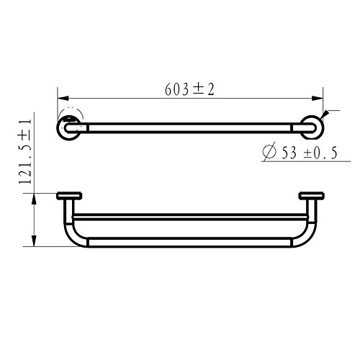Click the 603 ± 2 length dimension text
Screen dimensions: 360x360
189,89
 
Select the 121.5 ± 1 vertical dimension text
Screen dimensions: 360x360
25,152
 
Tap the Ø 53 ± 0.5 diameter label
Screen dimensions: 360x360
300,152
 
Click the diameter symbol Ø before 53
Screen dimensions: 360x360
269,152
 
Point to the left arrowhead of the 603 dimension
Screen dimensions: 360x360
63,99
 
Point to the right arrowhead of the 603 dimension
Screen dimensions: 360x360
318,99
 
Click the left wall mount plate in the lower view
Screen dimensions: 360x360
69,196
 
